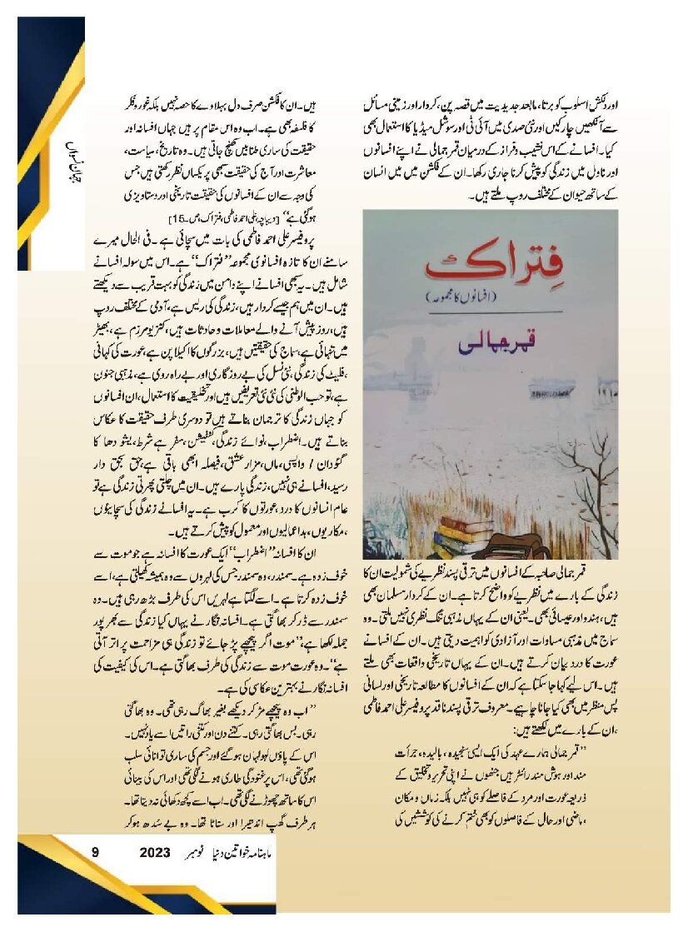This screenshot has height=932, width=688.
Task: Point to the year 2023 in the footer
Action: pyautogui.click(x=156, y=852)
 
